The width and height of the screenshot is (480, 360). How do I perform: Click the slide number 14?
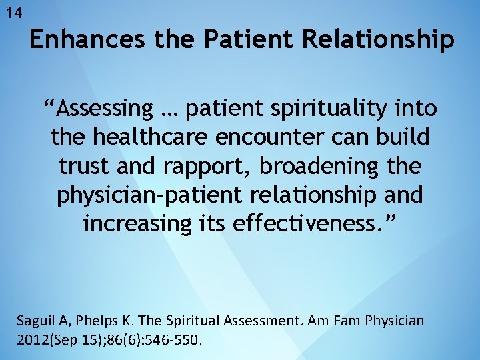pos(13,13)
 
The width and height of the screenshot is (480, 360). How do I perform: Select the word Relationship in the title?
pos(378,39)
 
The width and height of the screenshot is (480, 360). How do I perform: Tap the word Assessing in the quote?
pos(105,107)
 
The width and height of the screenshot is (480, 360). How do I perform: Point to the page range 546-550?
pos(175,340)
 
